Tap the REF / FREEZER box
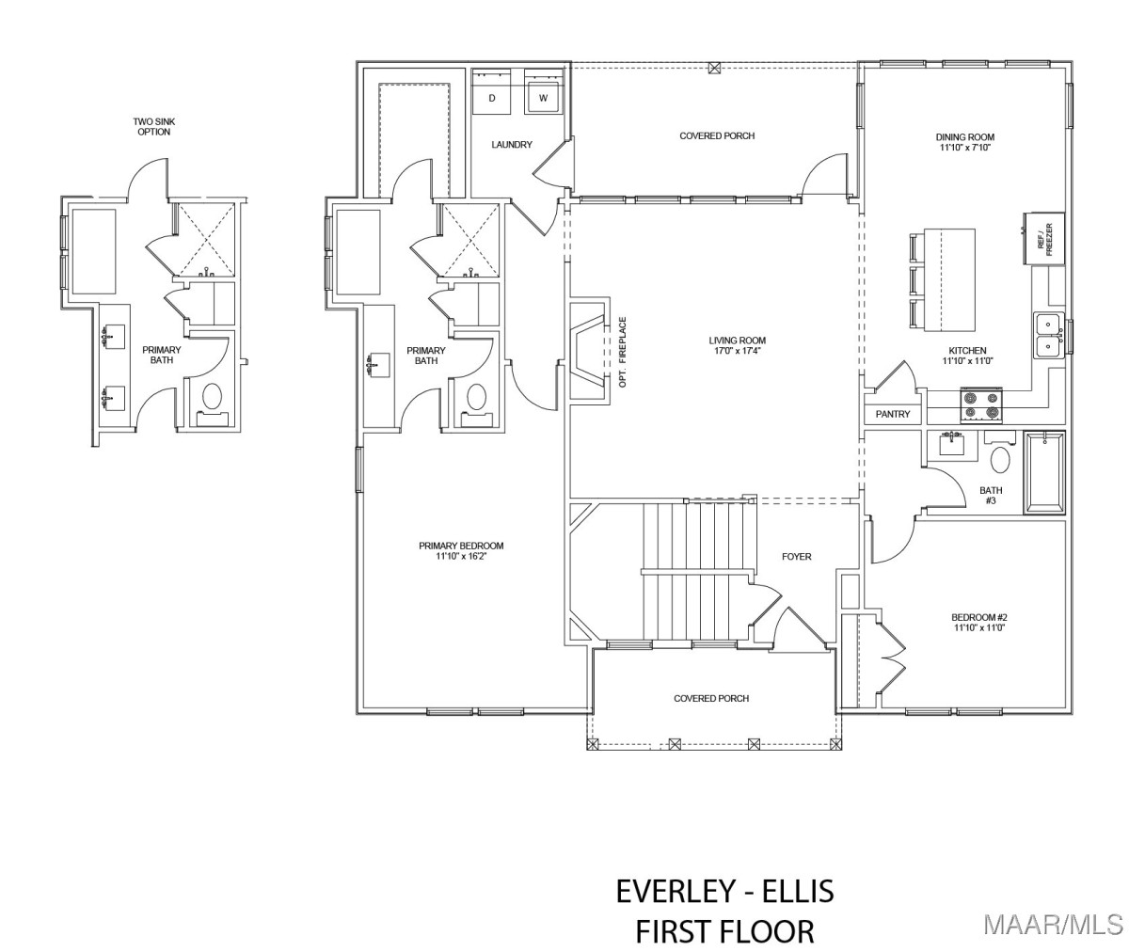coord(1043,238)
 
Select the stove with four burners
coord(981,405)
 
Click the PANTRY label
coord(893,414)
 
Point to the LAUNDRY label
coord(512,144)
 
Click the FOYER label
coord(797,556)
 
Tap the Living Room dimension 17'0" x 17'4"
coord(738,350)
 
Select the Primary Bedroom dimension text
coord(461,556)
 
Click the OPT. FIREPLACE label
coord(623,352)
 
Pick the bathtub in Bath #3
coord(1044,472)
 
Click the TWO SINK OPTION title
coord(154,127)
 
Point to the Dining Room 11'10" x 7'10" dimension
coord(964,147)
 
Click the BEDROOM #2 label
coord(979,617)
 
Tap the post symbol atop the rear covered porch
coord(715,68)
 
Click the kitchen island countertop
coord(949,280)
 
